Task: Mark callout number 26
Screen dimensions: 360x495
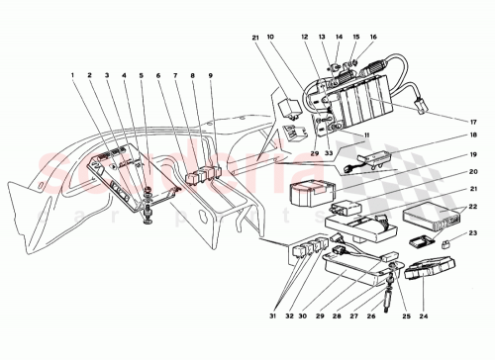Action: (370, 318)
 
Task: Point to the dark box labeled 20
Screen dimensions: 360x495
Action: (309, 188)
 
